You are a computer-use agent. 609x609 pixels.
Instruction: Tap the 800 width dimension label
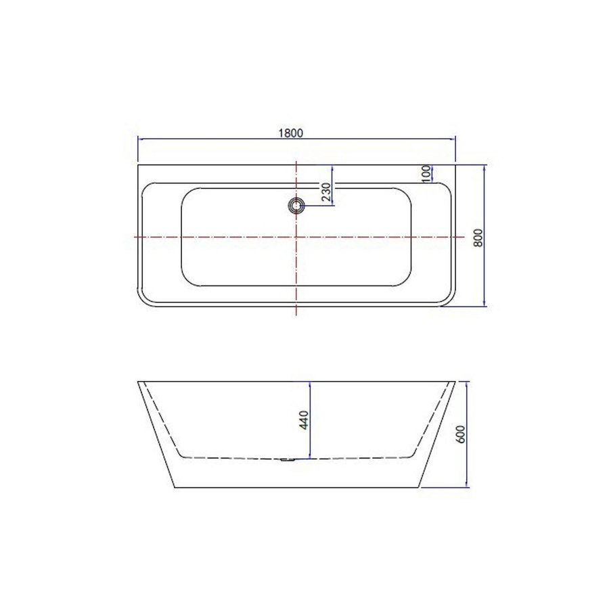click(478, 238)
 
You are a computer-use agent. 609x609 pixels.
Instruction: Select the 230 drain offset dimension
click(325, 193)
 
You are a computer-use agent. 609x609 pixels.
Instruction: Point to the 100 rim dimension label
click(426, 173)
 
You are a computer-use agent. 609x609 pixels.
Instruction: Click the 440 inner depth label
click(304, 420)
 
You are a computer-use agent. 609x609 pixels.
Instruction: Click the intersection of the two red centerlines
click(296, 237)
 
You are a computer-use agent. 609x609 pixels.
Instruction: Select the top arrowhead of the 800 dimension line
click(484, 166)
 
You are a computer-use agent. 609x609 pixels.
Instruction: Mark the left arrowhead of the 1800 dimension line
click(141, 139)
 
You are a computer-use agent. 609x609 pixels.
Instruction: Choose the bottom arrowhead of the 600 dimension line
click(467, 485)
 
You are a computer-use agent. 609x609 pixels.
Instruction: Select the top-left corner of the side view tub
click(138, 382)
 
